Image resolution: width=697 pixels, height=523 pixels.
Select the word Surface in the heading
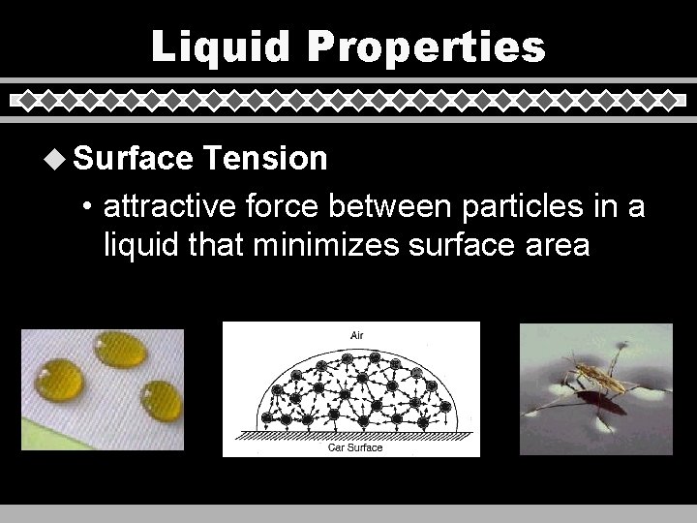(x=133, y=158)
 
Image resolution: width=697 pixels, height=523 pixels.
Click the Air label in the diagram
(x=357, y=335)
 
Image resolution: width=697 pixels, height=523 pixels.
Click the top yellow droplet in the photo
(x=120, y=350)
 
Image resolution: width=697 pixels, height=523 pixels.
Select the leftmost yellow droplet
(x=58, y=380)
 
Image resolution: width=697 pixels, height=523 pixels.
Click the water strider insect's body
(x=592, y=375)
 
